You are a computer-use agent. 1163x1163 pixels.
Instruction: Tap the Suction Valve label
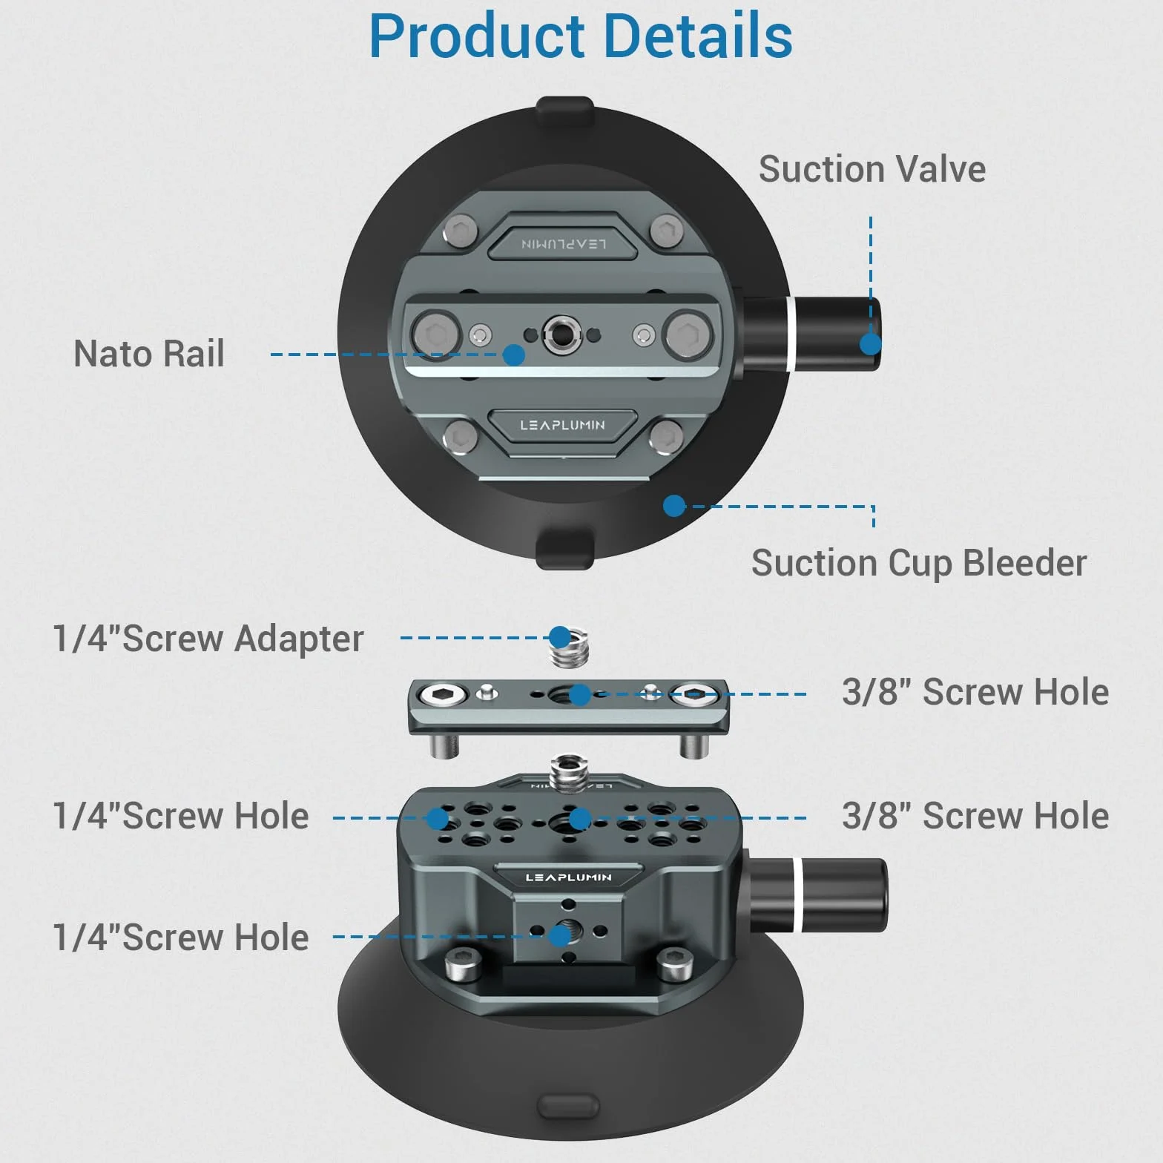tap(872, 169)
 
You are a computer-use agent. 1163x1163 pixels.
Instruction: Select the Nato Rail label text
tap(149, 353)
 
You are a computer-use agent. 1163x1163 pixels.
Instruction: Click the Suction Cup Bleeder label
tap(919, 563)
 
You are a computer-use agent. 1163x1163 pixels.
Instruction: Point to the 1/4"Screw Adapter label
tap(208, 639)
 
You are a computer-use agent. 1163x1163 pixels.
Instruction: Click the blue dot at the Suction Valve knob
tap(871, 343)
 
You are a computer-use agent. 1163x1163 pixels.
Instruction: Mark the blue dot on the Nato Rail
tap(514, 355)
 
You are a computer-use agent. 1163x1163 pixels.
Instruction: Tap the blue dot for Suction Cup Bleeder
tap(674, 506)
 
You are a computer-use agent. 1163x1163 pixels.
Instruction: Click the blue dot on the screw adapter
tap(560, 637)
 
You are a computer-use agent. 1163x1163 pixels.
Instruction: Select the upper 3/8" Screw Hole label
tap(975, 692)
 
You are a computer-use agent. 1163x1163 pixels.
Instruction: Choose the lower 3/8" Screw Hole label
tap(975, 816)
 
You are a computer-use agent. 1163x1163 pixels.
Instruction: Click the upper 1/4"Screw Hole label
tap(180, 816)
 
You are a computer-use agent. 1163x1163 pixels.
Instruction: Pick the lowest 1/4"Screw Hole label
tap(180, 938)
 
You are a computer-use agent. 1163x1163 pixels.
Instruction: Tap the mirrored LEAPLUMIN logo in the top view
tap(564, 244)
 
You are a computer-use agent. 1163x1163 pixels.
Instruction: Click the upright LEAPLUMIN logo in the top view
tap(562, 425)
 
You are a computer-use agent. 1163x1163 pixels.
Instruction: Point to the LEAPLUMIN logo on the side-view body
tap(568, 877)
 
